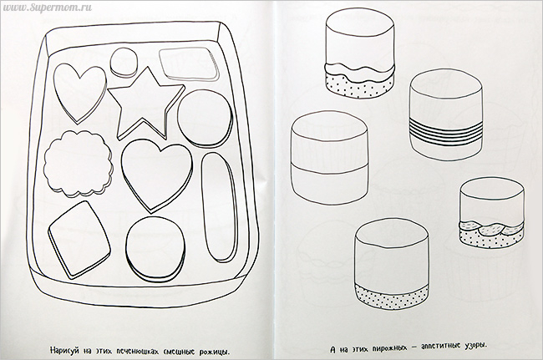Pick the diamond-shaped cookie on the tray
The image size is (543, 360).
pos(79,240)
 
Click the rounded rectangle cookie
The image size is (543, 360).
pos(190,64)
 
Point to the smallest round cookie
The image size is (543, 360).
pos(124,63)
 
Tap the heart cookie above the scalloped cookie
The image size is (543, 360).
pos(80,93)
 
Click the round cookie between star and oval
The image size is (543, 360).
pos(205,117)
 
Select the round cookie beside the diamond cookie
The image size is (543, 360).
pos(155,249)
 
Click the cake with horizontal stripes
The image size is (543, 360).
pos(446,115)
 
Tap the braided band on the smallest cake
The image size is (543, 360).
pos(491,229)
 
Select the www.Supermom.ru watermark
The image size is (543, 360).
pos(47,8)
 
